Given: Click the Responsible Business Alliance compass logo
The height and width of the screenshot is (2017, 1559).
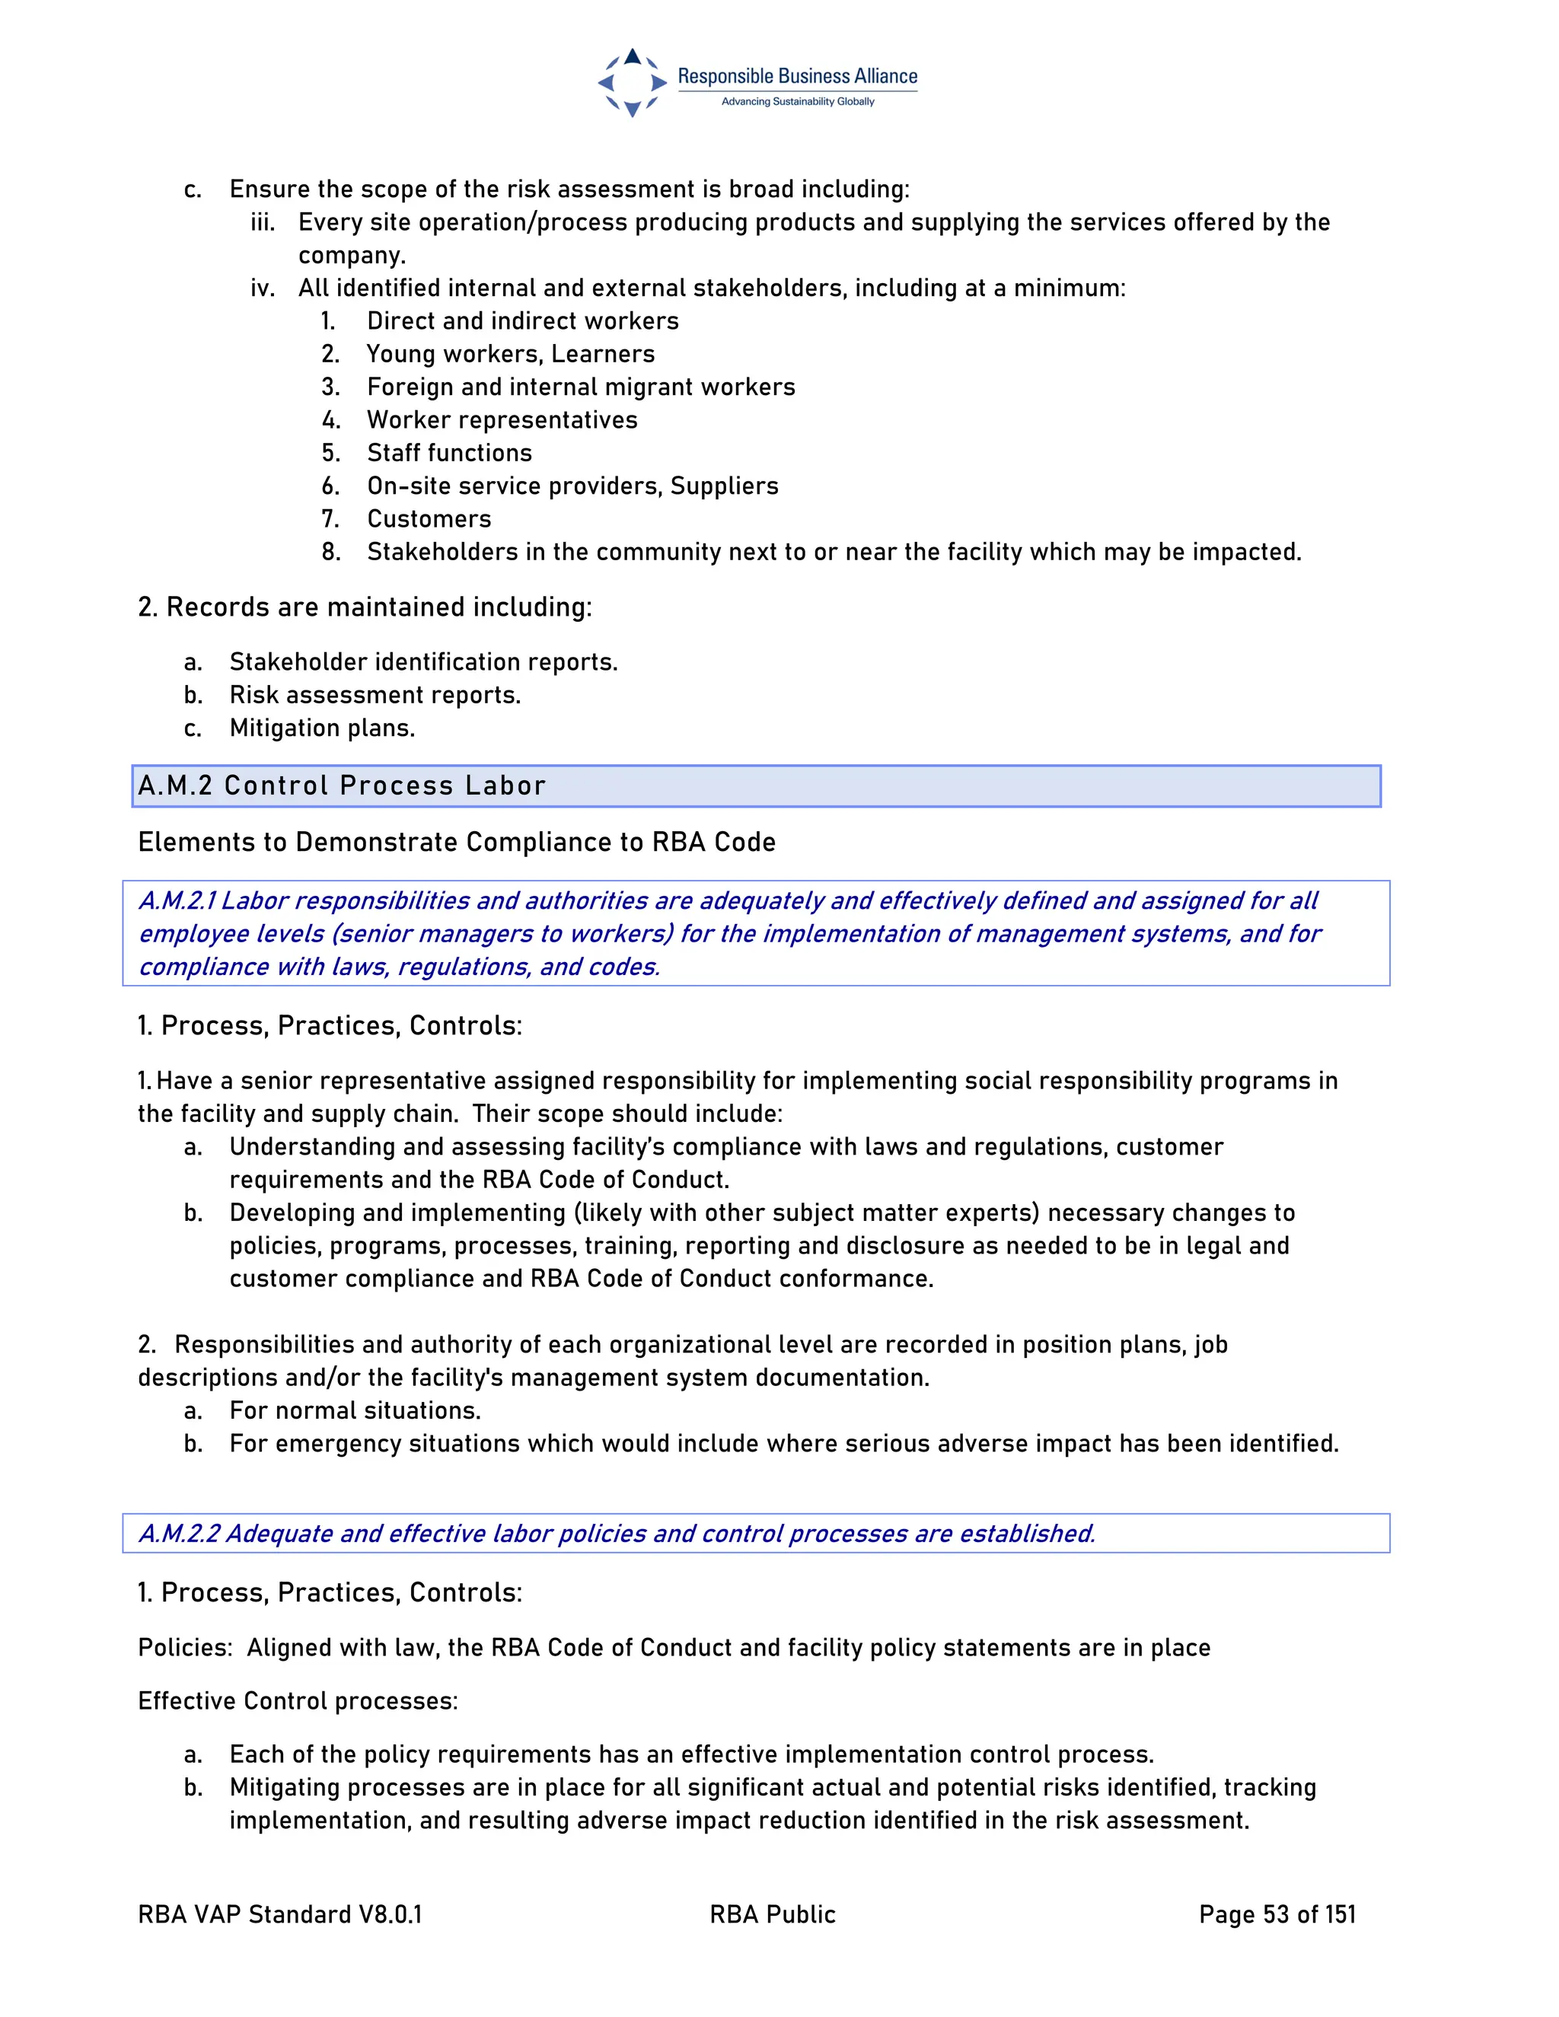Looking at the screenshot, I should pyautogui.click(x=632, y=83).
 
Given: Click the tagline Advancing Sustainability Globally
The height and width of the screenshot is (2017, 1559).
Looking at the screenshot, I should pyautogui.click(x=797, y=101).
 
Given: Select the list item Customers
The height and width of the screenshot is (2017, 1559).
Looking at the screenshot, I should pyautogui.click(x=429, y=519).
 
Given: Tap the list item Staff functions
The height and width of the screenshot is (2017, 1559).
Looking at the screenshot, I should pyautogui.click(x=449, y=453).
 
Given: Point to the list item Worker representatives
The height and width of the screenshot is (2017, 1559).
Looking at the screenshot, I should pyautogui.click(x=502, y=420).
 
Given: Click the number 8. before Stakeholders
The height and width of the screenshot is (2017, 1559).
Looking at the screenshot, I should pyautogui.click(x=330, y=553).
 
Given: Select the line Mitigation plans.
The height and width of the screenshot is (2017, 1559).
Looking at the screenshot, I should pyautogui.click(x=321, y=728).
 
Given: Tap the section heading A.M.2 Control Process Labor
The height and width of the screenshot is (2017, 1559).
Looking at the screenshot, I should pyautogui.click(x=342, y=786).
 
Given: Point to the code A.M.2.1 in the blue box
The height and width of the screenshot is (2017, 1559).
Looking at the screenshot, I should pyautogui.click(x=177, y=900).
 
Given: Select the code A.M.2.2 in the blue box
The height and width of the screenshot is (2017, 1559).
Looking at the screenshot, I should pyautogui.click(x=179, y=1534).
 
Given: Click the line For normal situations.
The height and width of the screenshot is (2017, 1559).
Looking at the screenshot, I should pyautogui.click(x=355, y=1411).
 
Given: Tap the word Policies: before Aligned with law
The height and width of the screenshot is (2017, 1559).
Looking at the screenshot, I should pyautogui.click(x=185, y=1649).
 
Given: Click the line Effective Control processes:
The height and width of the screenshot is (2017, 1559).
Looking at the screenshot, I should pyautogui.click(x=298, y=1701).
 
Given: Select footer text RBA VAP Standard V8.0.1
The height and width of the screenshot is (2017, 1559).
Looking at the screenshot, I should pyautogui.click(x=280, y=1914).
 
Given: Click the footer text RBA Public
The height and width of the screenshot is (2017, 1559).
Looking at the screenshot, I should pyautogui.click(x=772, y=1914).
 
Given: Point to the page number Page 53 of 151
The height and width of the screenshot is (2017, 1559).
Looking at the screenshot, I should pyautogui.click(x=1277, y=1914).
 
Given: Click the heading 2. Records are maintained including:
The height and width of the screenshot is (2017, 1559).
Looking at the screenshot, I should pyautogui.click(x=364, y=607).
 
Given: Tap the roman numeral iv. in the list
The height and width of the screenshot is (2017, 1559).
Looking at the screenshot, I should pyautogui.click(x=263, y=288).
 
